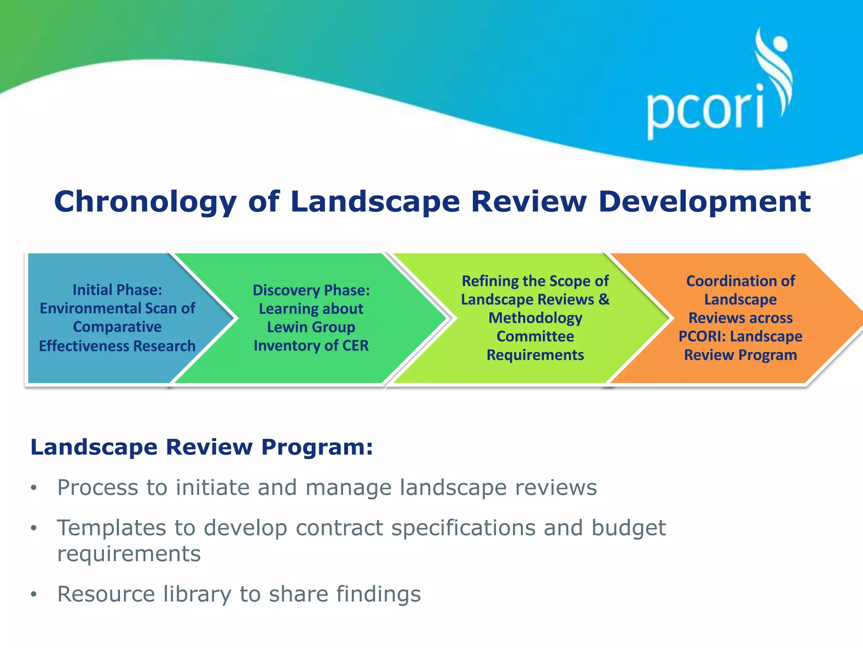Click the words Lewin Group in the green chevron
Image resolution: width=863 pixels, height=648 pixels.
[x=311, y=327]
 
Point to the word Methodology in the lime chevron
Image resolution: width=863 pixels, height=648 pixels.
[x=535, y=318]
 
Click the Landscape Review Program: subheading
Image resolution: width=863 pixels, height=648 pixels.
[x=201, y=447]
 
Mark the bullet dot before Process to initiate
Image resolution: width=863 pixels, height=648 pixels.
[x=34, y=488]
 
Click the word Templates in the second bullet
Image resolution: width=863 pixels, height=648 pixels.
[x=111, y=528]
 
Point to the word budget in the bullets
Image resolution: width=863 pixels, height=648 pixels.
[x=628, y=528]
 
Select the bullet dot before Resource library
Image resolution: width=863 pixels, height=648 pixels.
[x=34, y=594]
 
